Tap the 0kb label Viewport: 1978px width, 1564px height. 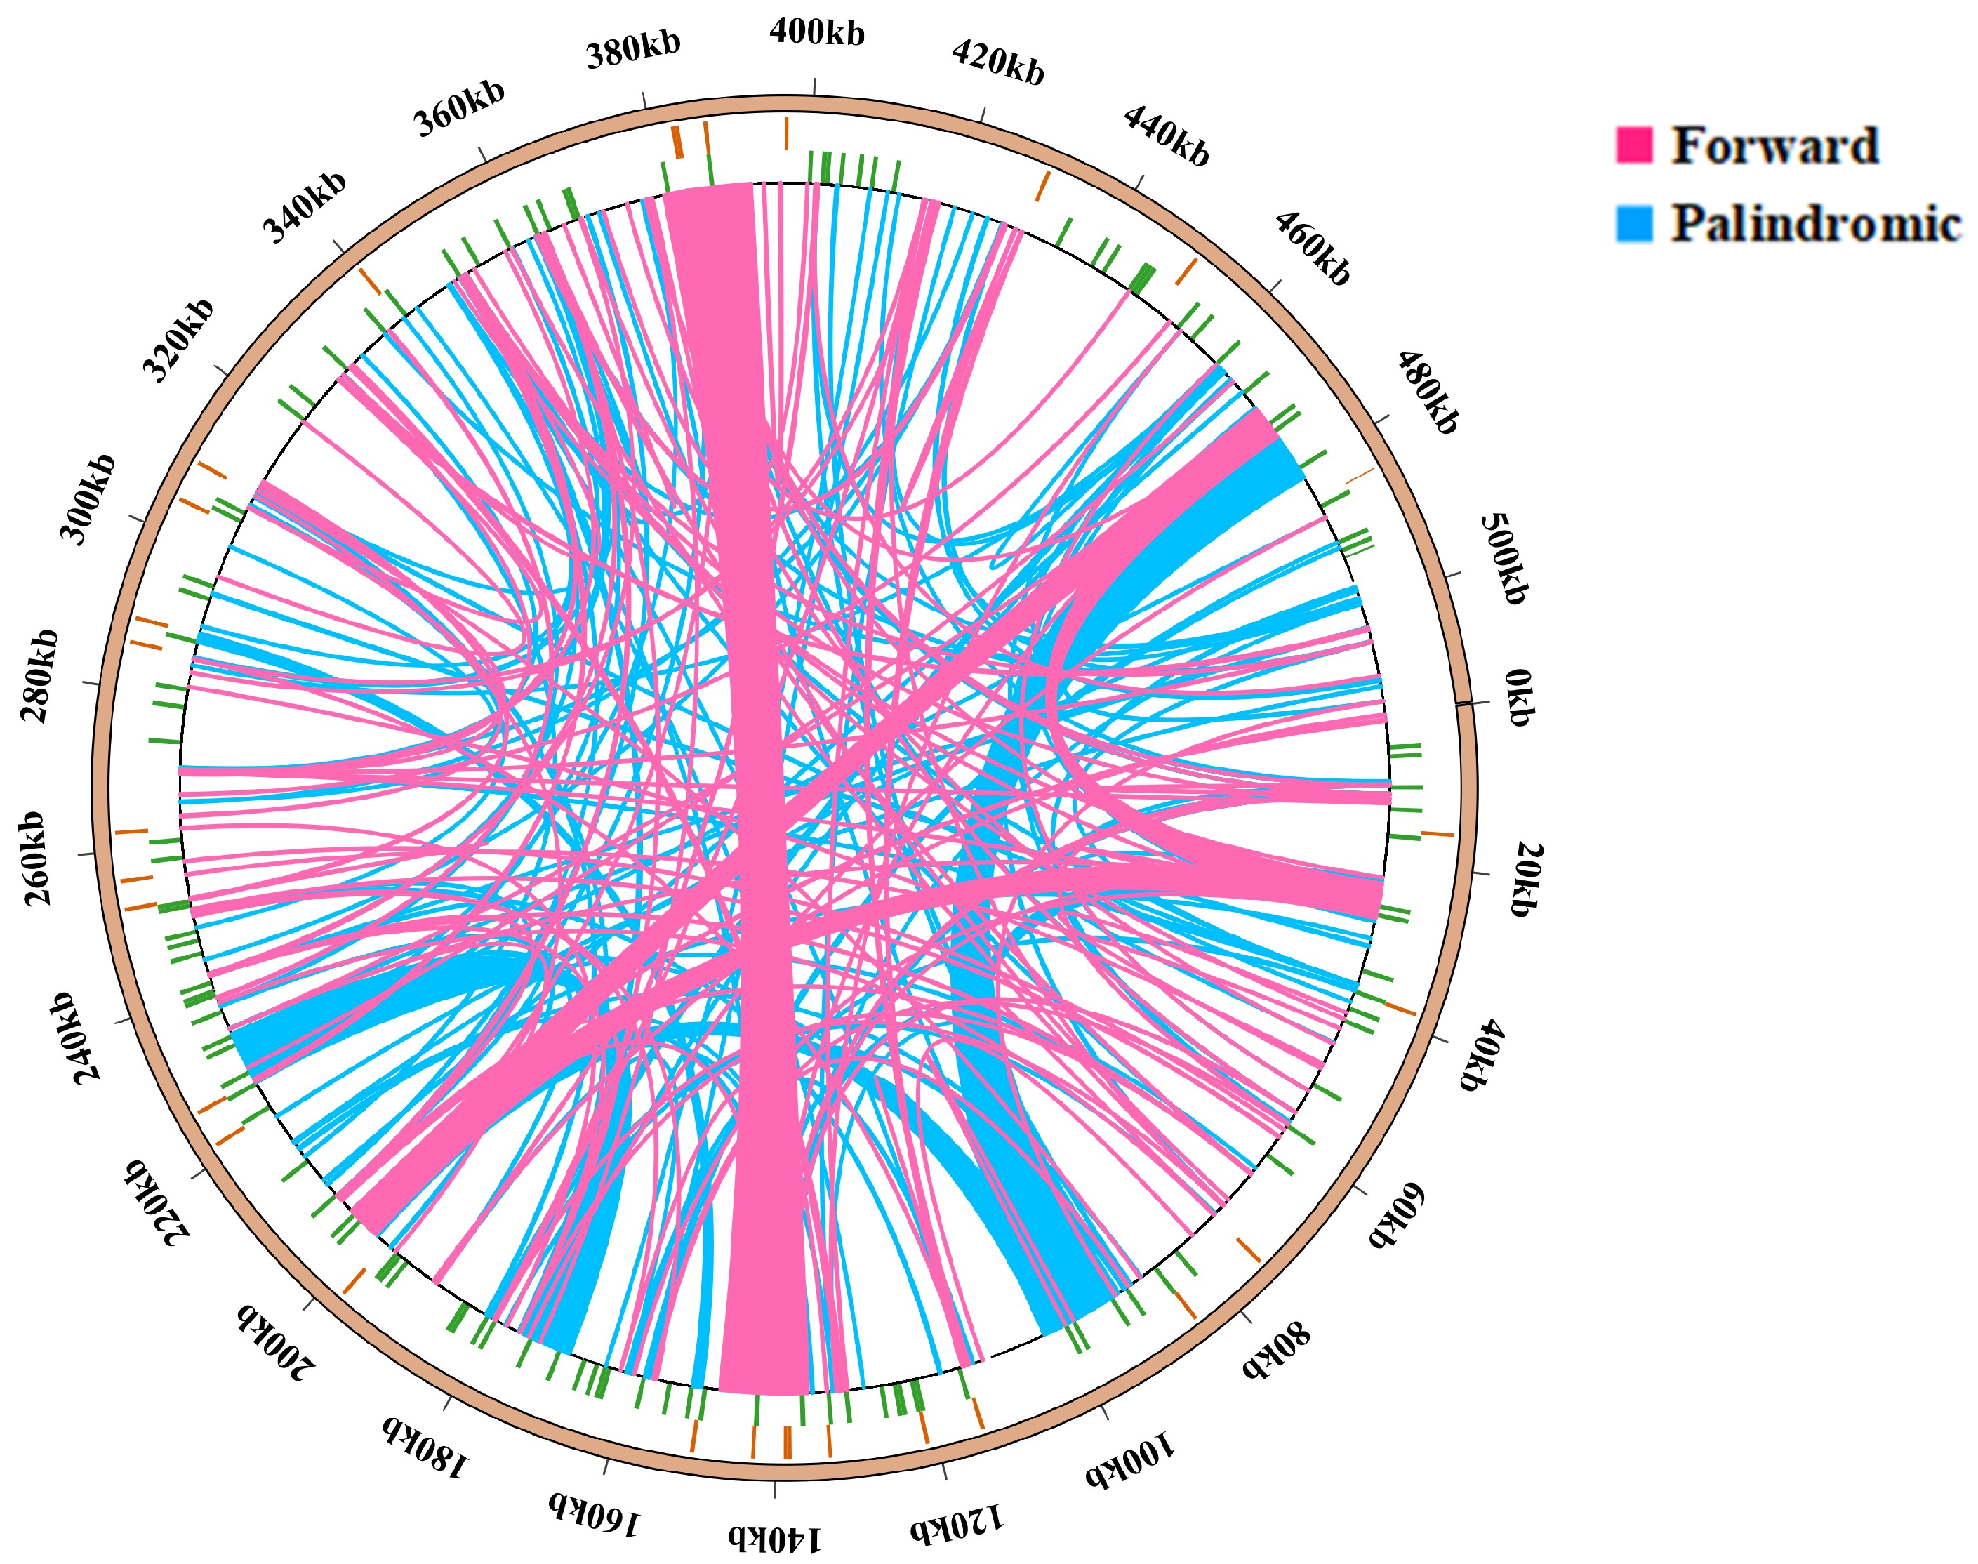point(1518,698)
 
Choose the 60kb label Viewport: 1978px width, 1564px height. point(1398,1216)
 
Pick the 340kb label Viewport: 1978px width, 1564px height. point(305,207)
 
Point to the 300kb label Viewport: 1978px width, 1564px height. point(88,498)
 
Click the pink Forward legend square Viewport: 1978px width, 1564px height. point(1633,145)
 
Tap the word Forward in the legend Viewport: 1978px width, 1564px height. point(1774,145)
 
